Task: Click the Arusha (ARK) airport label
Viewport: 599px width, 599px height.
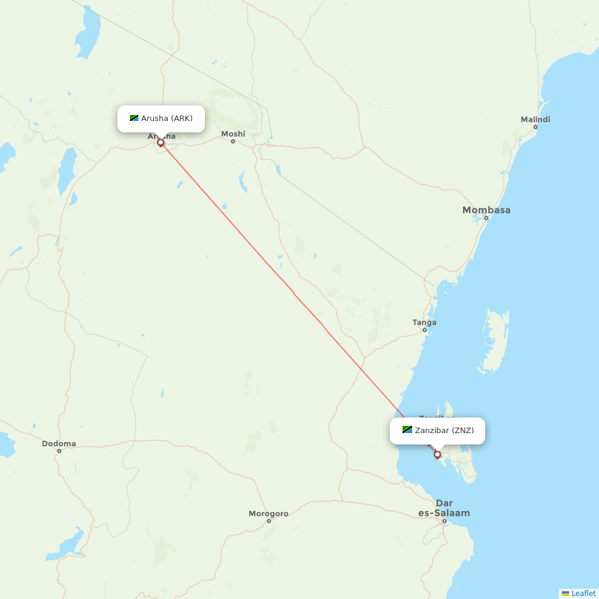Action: [167, 119]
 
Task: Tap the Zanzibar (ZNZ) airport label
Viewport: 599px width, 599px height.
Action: [444, 431]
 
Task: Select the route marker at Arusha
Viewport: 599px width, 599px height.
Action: [161, 143]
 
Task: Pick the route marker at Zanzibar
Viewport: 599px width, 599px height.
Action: [437, 455]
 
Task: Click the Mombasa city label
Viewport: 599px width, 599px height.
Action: [486, 210]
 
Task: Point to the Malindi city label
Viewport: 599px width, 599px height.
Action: [535, 120]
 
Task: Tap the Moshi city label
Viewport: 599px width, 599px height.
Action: [233, 134]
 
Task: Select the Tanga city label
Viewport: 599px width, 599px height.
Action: [424, 323]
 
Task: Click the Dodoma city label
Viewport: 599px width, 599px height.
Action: [59, 444]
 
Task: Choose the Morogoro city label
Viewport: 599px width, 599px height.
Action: [268, 514]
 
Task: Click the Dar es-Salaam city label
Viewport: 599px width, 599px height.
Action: [444, 508]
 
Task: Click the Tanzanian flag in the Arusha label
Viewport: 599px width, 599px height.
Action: [134, 119]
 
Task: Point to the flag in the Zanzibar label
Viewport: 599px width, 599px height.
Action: [407, 430]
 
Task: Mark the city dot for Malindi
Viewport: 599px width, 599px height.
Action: [535, 127]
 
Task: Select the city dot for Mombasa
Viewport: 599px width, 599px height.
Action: [486, 217]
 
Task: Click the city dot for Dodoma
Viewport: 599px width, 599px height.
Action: [59, 451]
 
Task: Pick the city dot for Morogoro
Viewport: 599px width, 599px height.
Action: [268, 521]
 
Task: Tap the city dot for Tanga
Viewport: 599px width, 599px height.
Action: [425, 330]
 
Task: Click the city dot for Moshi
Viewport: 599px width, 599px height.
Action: [233, 141]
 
